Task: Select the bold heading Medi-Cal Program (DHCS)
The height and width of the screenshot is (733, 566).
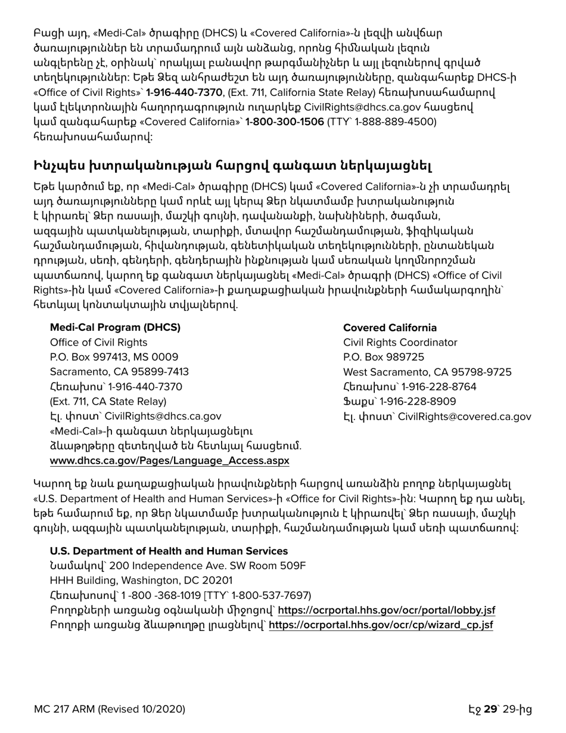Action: tap(115, 328)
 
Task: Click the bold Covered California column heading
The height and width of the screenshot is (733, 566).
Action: tap(390, 328)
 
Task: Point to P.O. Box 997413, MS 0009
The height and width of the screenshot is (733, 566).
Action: tap(114, 357)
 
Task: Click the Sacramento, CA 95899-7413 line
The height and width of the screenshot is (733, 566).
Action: tap(119, 372)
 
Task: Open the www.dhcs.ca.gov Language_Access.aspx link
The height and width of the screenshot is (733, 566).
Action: tap(161, 461)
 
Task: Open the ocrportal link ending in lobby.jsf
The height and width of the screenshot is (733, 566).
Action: tap(387, 610)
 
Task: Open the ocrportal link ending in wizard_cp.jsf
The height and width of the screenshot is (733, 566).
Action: tap(381, 625)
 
